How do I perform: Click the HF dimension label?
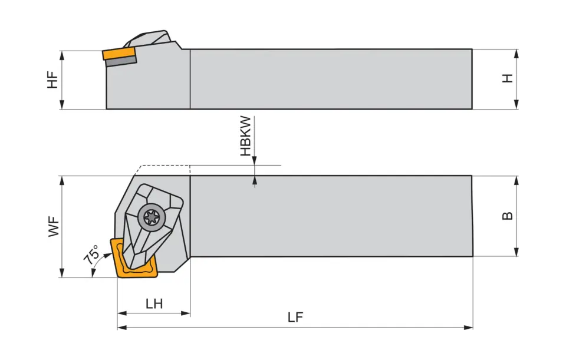point(53,80)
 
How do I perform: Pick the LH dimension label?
point(154,304)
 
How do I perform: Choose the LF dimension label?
point(295,318)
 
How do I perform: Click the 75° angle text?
point(91,256)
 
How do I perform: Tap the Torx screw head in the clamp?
point(152,217)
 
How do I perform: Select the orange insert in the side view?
point(118,54)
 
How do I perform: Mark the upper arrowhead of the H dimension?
point(516,53)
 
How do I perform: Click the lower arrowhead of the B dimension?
point(516,252)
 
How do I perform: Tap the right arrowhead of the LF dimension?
point(469,327)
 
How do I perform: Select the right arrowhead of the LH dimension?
point(186,313)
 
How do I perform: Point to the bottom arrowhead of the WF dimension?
point(61,273)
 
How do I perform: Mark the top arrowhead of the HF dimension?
point(61,54)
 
